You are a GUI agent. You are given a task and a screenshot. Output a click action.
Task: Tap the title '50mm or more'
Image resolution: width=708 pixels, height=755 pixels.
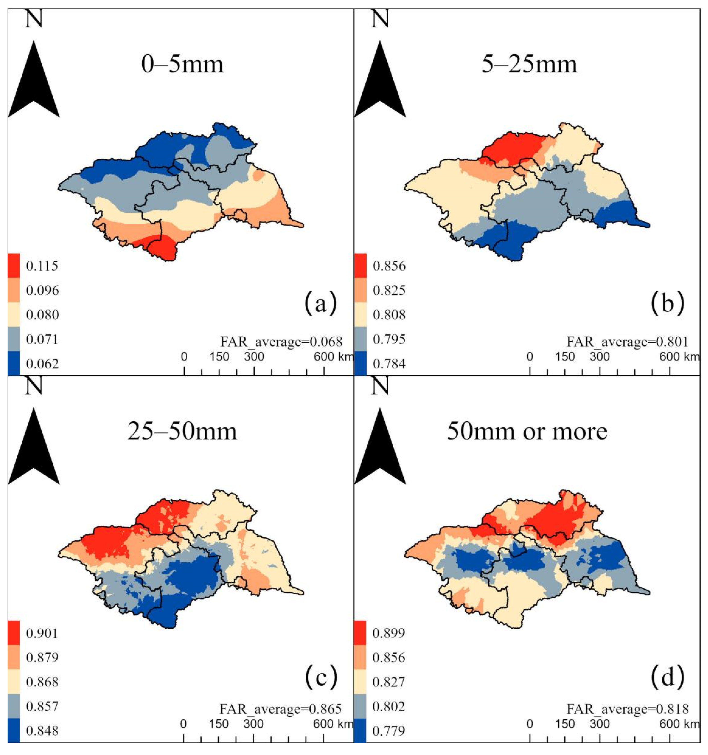527,431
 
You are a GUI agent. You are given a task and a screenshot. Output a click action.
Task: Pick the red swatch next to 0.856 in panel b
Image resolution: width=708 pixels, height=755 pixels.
360,265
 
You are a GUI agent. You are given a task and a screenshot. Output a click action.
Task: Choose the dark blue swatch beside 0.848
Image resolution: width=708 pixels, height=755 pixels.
14,731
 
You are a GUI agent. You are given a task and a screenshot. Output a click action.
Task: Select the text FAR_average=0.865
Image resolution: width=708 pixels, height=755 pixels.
281,709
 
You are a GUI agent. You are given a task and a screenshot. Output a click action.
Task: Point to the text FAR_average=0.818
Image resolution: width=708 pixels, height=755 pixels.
627,709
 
